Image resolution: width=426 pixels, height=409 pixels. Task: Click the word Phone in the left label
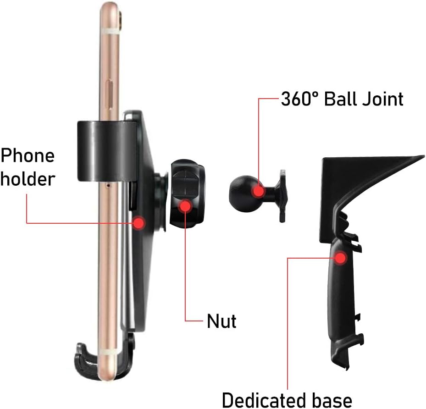28,155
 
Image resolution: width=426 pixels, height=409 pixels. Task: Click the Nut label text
221,321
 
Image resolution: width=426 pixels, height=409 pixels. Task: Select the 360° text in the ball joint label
299,99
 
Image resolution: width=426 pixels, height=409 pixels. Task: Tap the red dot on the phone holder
139,223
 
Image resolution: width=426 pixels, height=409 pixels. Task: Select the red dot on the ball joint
258,191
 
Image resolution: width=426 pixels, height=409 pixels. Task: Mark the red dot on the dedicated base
340,258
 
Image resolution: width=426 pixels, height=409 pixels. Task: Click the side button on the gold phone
111,90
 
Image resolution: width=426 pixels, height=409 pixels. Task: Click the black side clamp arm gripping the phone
106,151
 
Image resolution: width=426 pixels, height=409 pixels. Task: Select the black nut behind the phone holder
188,193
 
